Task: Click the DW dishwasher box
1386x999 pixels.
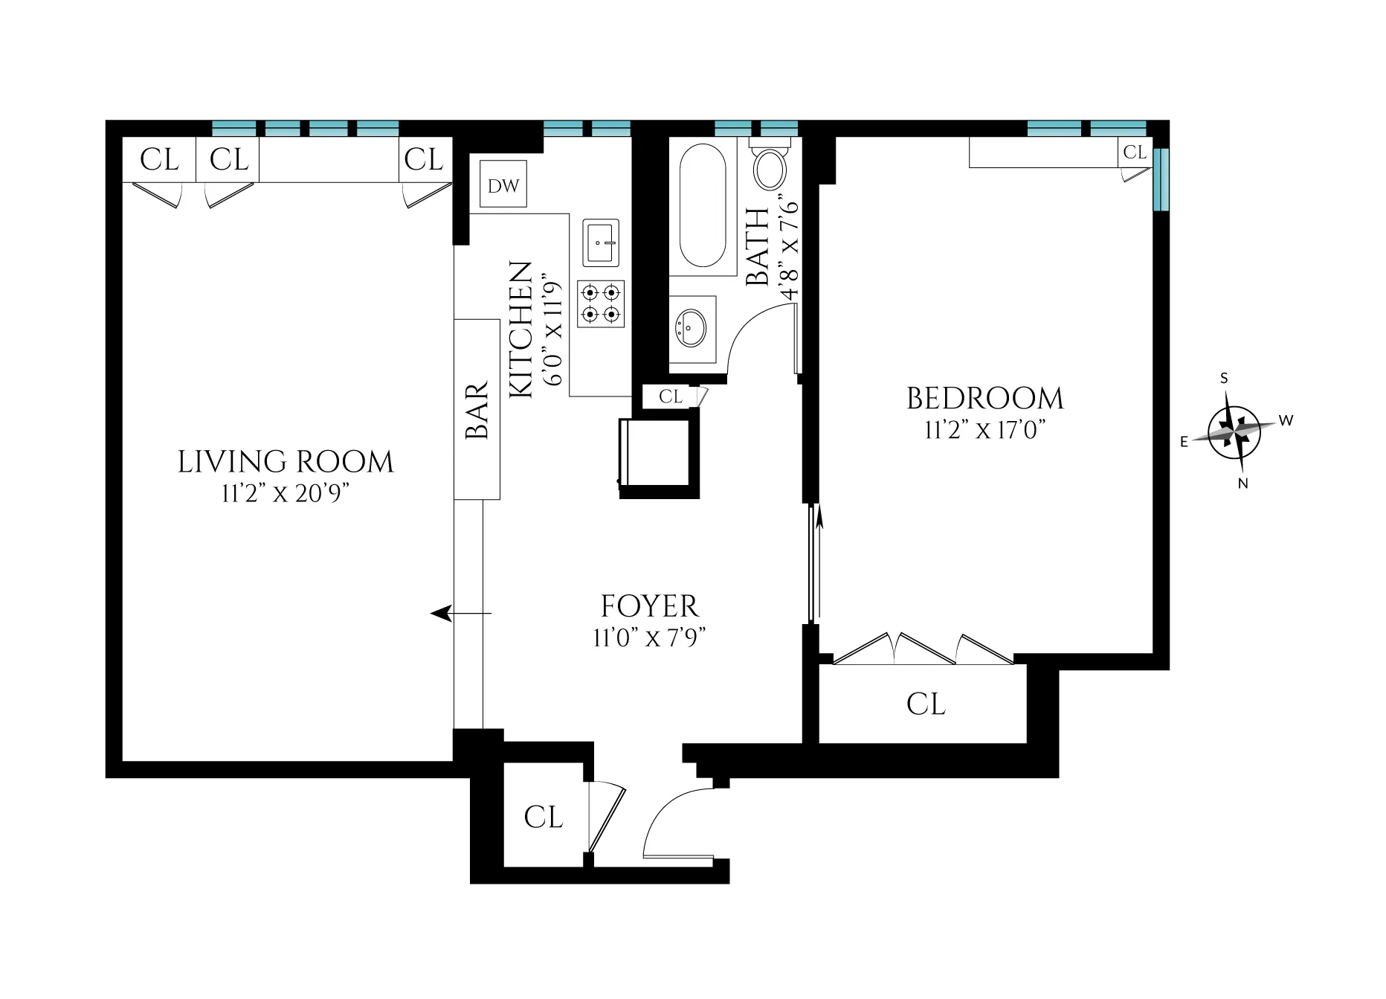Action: (x=503, y=184)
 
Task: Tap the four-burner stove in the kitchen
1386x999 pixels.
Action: (x=601, y=304)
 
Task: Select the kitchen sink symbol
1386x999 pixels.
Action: (x=601, y=242)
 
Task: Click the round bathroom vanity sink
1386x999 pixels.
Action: (x=692, y=328)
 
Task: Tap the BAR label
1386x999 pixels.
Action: (x=477, y=410)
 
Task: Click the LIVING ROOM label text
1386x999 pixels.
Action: (x=286, y=462)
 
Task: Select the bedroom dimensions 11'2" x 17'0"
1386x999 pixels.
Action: (x=985, y=430)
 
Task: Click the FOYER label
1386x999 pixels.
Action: (x=650, y=606)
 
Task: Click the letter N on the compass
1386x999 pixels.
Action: (x=1242, y=484)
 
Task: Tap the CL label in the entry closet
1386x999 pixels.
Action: (x=544, y=817)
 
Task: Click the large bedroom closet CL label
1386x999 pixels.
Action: (x=926, y=704)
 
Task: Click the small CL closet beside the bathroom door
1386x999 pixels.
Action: (x=671, y=397)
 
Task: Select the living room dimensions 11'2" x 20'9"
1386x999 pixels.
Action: (x=286, y=494)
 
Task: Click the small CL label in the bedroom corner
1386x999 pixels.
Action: (x=1135, y=152)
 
